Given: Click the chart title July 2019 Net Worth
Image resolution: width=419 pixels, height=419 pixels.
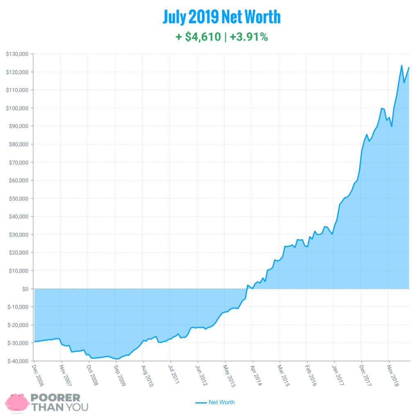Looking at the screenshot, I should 221,17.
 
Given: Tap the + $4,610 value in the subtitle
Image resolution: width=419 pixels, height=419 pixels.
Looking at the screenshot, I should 198,37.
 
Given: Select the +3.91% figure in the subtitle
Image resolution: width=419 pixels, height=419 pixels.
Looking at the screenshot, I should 249,37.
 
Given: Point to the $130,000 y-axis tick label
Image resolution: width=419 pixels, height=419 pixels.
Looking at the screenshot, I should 17,54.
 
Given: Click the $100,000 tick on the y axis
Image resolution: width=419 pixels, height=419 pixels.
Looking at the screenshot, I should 17,108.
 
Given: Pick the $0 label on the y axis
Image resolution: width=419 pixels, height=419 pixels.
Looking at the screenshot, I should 25,289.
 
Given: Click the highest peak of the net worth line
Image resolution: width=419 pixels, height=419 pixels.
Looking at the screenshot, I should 401,65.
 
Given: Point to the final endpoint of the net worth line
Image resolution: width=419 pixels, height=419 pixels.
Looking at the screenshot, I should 409,68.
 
